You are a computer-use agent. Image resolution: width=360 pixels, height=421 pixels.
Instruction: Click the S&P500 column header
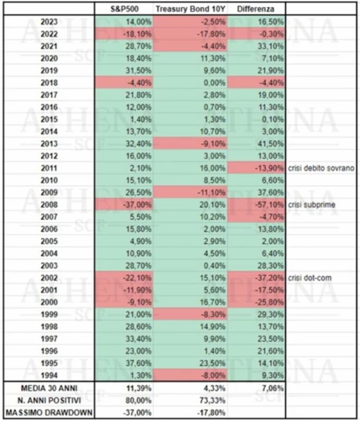[123, 9]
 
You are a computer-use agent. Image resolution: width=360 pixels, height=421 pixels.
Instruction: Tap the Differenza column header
[256, 9]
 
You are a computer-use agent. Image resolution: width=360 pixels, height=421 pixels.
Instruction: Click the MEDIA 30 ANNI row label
[49, 389]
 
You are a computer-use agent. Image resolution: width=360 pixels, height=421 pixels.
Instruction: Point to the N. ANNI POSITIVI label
[49, 400]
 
